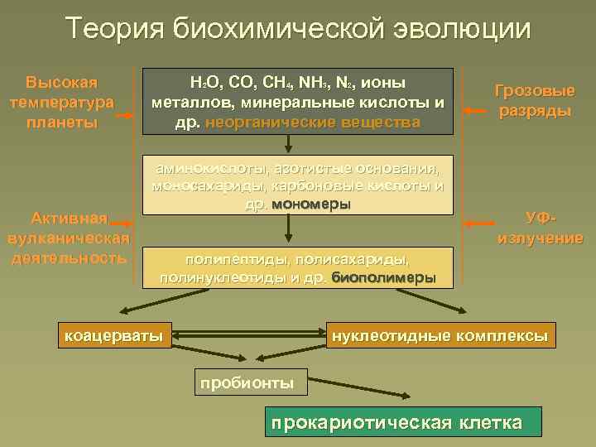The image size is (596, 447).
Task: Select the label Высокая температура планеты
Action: point(62,103)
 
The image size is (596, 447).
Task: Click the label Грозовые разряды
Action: point(535,101)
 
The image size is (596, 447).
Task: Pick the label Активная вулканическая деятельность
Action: point(67,238)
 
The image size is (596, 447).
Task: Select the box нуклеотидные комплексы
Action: point(440,335)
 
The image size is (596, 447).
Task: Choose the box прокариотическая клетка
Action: point(403,423)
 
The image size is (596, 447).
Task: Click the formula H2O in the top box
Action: point(201,83)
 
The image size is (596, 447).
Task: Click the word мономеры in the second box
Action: point(310,204)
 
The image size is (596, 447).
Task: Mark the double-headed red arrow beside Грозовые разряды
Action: point(478,110)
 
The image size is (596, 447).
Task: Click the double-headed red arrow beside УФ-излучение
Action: point(478,224)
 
